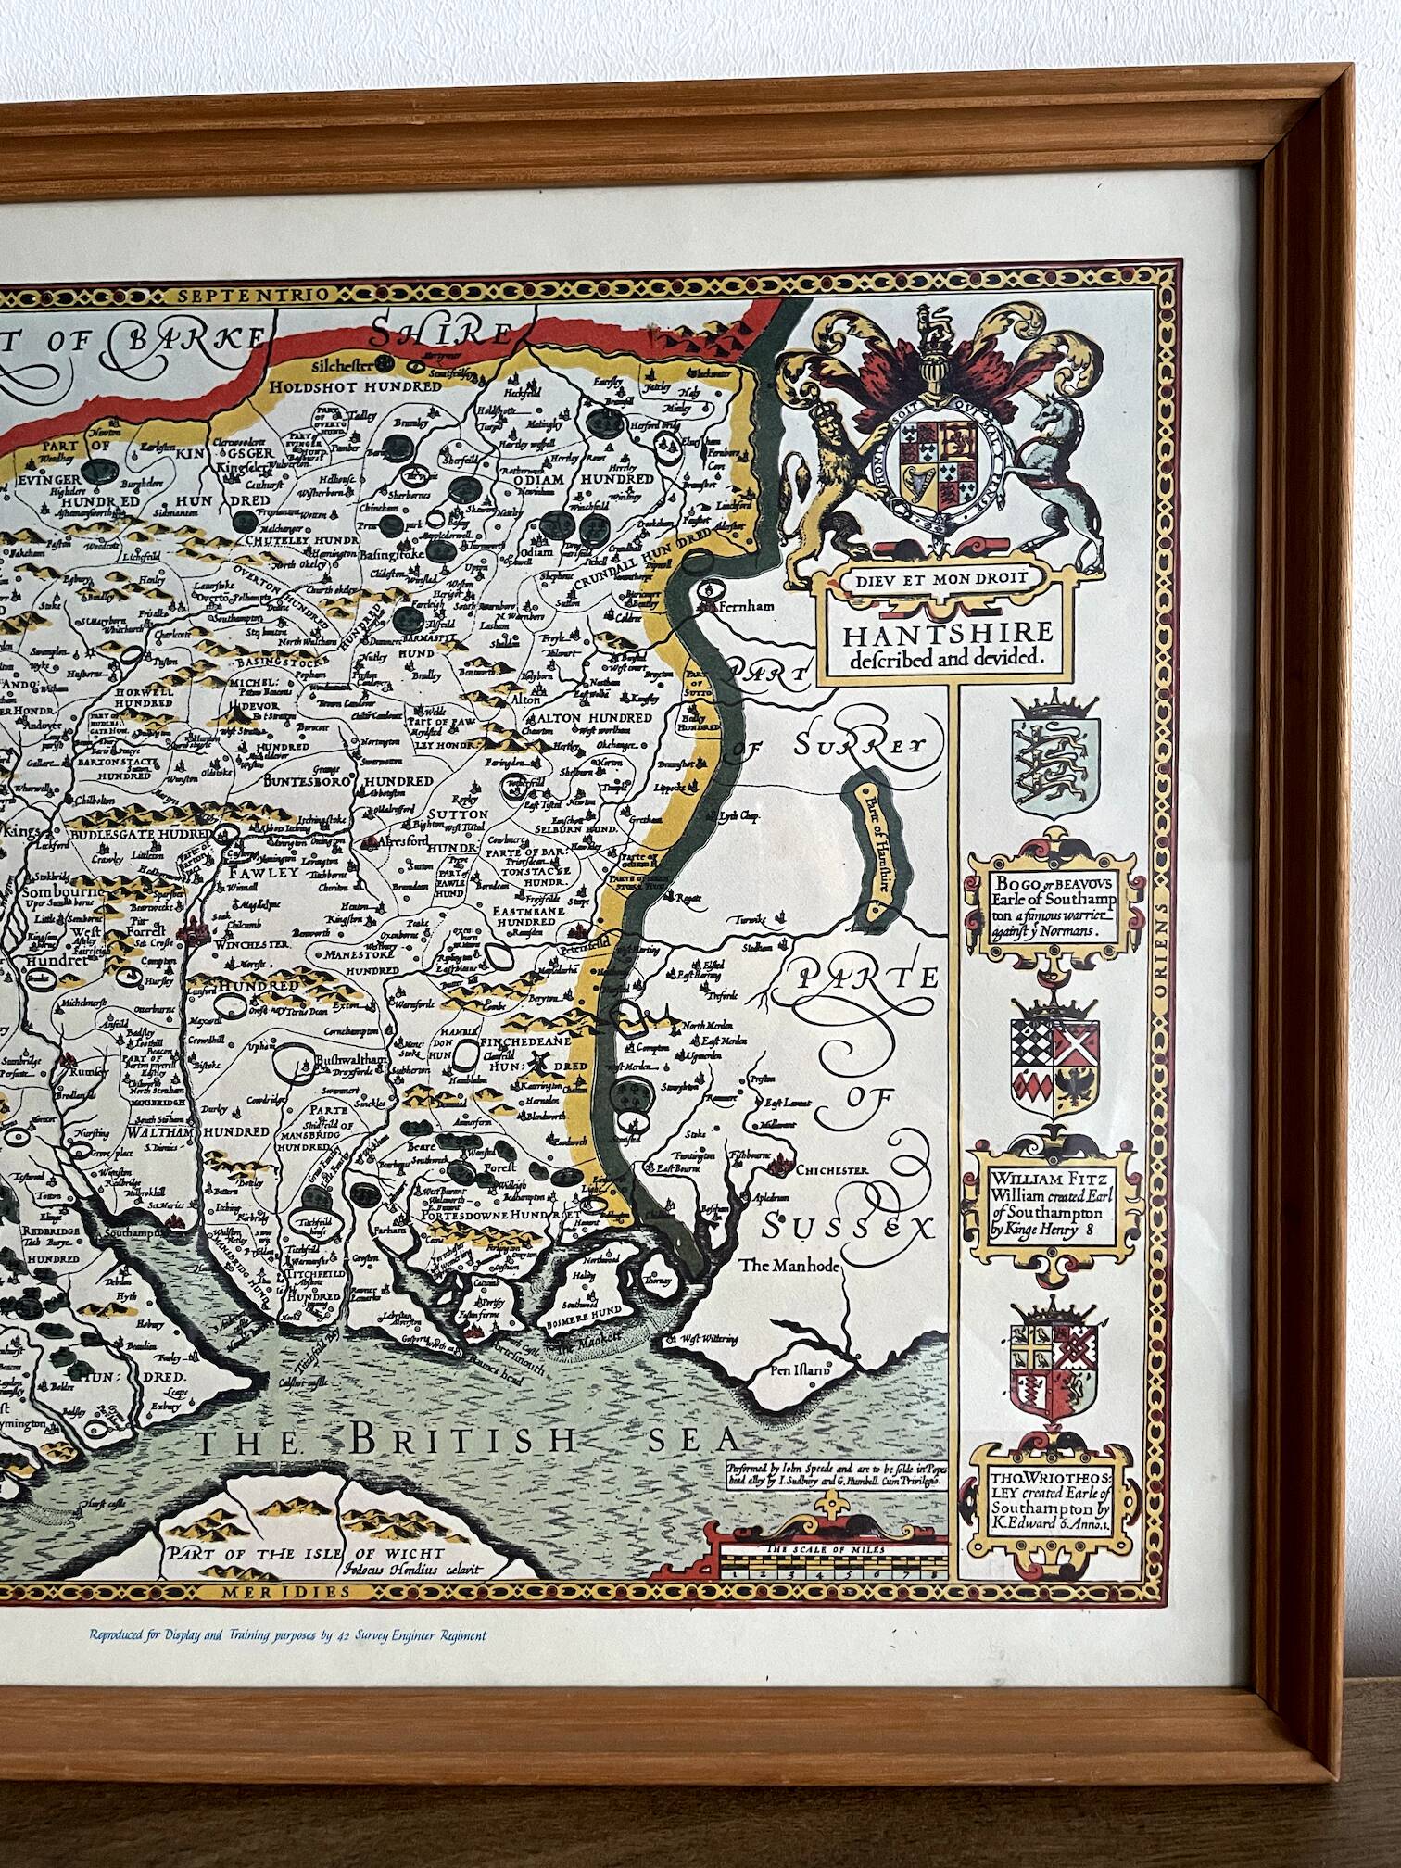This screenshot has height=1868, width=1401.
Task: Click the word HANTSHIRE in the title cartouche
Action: coord(941,632)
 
